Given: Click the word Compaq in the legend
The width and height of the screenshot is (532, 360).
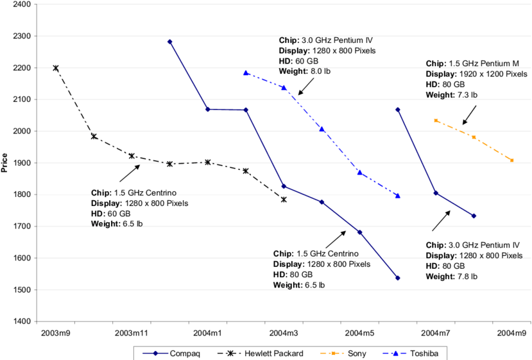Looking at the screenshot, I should coord(185,354).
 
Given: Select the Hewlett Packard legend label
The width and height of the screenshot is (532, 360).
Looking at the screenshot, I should coord(274,354).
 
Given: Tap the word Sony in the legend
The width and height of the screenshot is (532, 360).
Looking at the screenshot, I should coord(357,354).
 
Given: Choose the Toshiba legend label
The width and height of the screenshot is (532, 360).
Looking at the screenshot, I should coord(425,354).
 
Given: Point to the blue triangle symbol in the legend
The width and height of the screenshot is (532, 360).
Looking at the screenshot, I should coord(395,354).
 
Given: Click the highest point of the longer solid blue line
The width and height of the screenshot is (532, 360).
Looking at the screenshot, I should coord(169,41).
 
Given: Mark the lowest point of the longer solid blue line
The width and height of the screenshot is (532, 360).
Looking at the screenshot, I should coord(398,278).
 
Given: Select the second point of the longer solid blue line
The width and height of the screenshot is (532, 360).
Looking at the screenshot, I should coord(207,110).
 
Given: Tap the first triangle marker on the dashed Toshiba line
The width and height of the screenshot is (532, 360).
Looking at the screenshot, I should coord(245,73).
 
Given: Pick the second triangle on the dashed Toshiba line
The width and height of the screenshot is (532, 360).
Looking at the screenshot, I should coord(284,87).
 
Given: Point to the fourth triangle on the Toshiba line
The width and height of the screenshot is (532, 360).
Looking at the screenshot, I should coord(359,173).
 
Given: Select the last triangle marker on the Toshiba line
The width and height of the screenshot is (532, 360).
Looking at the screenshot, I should coord(398,196).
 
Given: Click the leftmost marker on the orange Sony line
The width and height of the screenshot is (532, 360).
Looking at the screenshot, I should coord(436,120).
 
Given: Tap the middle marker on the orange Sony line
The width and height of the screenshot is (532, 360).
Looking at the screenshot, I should coord(474,137).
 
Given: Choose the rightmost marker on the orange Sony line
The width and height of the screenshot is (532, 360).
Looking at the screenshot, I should coord(512,160).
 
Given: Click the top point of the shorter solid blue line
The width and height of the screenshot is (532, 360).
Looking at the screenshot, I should coord(398,110).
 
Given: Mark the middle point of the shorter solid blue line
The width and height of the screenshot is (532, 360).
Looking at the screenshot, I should coord(436,193).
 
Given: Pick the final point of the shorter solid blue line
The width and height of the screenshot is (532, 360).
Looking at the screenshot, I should coord(474,216).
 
